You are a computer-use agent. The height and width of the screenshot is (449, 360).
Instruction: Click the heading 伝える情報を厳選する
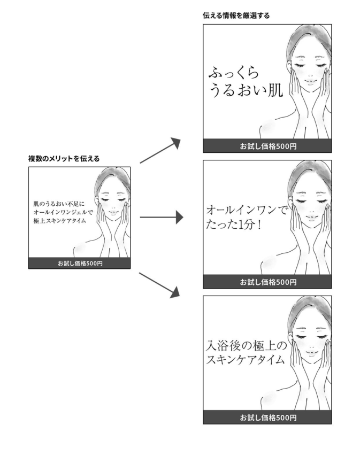pos(236,16)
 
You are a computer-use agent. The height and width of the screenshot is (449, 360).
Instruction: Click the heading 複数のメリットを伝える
pos(64,158)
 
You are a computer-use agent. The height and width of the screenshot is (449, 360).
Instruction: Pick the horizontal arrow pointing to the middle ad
pos(160,217)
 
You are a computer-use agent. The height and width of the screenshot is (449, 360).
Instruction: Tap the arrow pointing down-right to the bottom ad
pos(160,284)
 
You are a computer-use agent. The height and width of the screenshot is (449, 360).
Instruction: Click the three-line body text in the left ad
pos(63,212)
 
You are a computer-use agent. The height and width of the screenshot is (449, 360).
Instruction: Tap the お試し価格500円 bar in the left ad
pos(80,264)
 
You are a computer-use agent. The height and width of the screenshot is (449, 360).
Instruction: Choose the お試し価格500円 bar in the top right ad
pos(267,146)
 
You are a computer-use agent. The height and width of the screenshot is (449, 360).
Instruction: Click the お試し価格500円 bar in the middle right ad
pos(267,282)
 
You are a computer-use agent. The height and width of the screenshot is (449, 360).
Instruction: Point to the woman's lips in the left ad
pos(113,211)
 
